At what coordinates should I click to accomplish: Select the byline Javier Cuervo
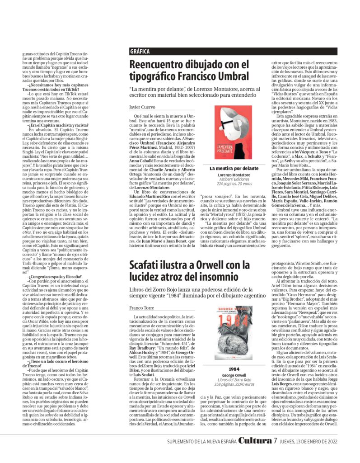click(x=142, y=107)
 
